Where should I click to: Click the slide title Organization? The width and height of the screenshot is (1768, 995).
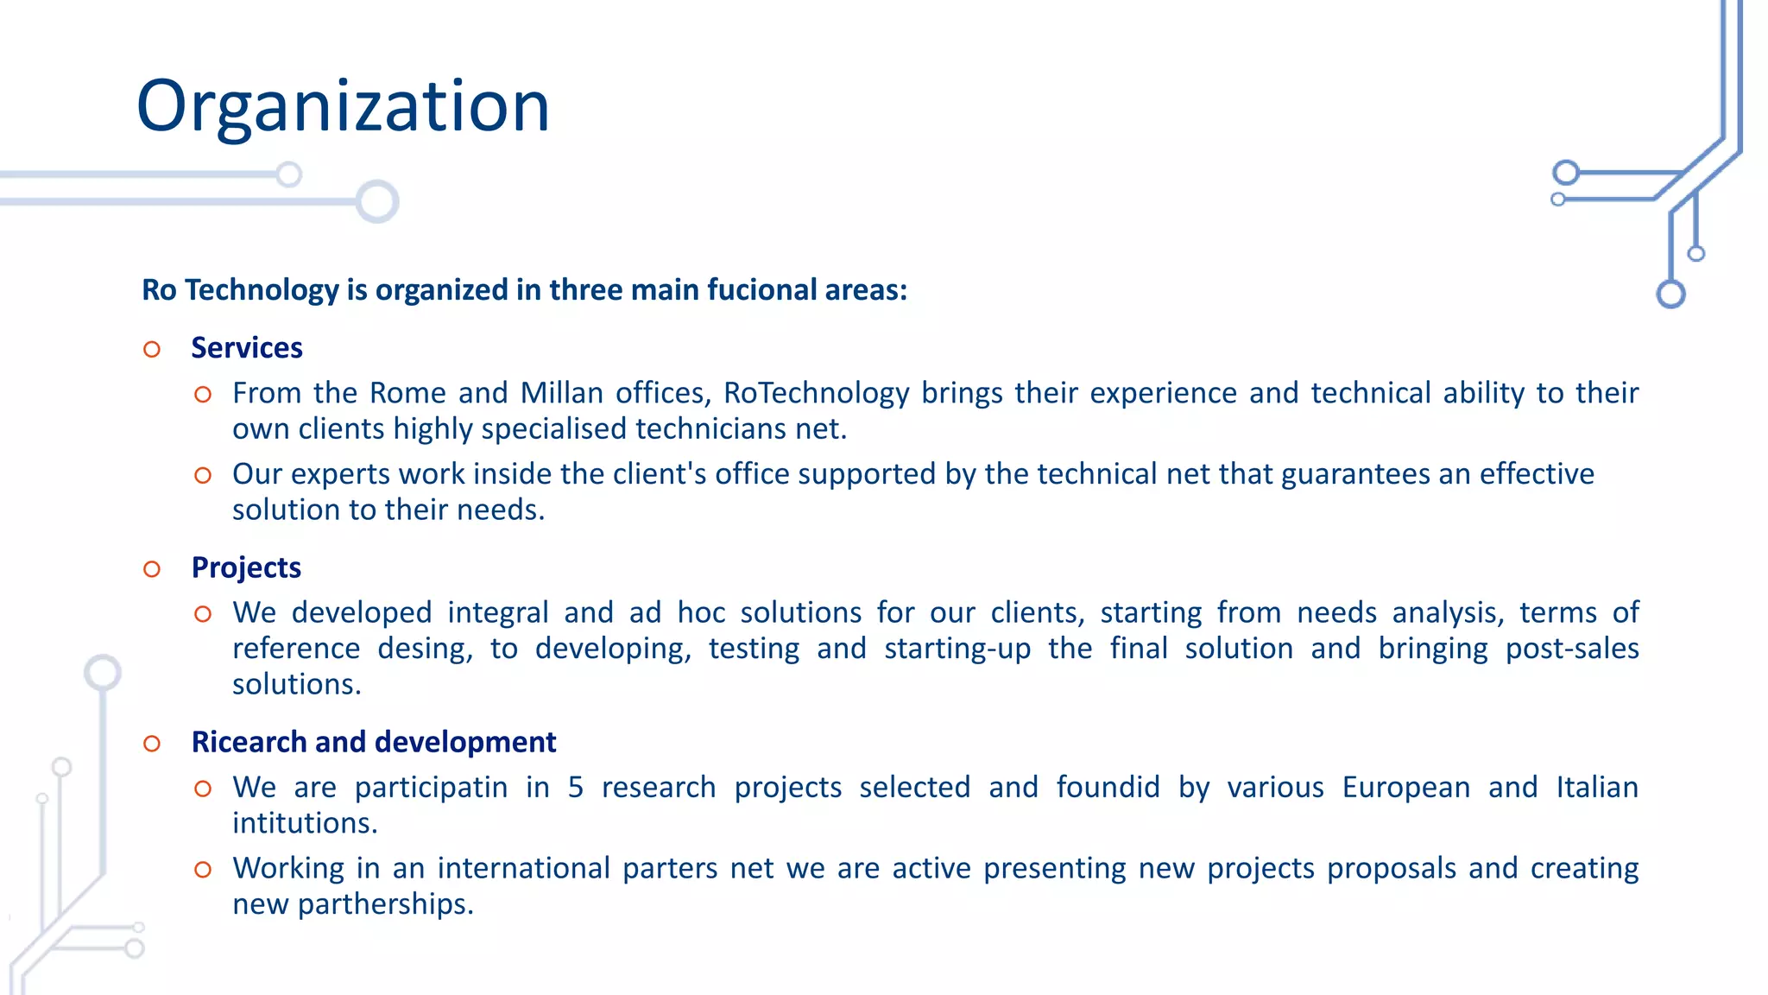[343, 106]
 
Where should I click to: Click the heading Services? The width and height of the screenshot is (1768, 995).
[247, 348]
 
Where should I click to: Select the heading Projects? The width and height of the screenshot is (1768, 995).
[246, 567]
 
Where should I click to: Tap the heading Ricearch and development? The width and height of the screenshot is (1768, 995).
[373, 742]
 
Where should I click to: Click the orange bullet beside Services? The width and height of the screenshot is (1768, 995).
[152, 350]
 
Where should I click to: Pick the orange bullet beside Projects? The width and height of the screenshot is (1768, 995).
[152, 569]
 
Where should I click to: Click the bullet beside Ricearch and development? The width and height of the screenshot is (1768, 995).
[152, 744]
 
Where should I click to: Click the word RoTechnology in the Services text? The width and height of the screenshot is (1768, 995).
[816, 393]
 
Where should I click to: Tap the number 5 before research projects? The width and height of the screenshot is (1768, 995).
[576, 788]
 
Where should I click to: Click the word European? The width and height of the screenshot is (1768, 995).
[1405, 788]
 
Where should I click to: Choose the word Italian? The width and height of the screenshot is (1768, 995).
[1596, 788]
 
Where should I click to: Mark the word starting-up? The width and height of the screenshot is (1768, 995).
[957, 649]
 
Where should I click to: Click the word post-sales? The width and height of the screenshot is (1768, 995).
[1571, 649]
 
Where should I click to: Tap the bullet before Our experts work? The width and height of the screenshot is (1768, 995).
[203, 476]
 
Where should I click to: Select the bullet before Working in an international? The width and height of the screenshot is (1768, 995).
[203, 870]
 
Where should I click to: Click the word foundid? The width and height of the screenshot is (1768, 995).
[1108, 788]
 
